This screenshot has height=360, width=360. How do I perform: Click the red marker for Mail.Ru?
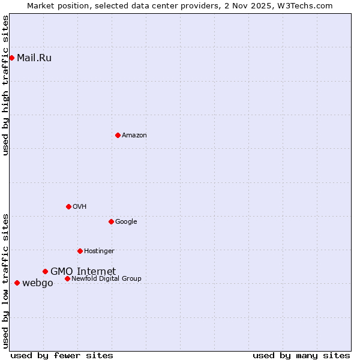pos(11,58)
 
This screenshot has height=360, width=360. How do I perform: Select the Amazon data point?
pos(118,135)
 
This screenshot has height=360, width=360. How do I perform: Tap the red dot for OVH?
pos(68,206)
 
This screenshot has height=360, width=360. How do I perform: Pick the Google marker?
pos(111,221)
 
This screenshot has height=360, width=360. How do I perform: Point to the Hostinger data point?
pos(80,251)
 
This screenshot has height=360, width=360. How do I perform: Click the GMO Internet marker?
pos(45,271)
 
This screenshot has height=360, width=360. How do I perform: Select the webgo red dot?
pos(17,283)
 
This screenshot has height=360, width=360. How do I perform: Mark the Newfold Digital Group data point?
pos(67,278)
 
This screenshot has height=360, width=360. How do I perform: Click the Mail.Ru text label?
pos(34,58)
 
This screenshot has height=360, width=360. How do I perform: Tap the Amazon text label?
pos(134,135)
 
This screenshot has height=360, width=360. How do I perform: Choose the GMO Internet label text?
pos(83,271)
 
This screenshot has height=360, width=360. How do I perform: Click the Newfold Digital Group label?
pos(106,278)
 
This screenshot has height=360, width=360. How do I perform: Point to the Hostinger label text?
pos(99,251)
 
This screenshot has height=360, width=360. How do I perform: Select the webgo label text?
pos(37,283)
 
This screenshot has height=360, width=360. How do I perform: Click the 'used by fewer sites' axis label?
pos(62,355)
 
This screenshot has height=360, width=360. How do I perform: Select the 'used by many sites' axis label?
pos(301,355)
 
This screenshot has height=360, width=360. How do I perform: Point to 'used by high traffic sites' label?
pos(5,85)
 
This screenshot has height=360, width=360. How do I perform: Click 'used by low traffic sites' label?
pos(5,280)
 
